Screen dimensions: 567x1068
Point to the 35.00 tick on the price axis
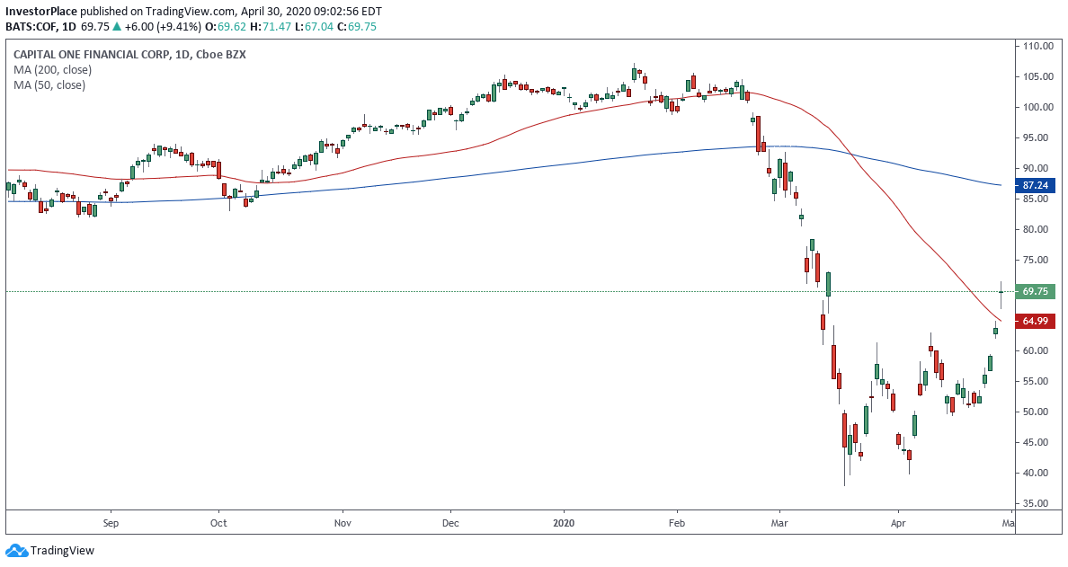point(1037,504)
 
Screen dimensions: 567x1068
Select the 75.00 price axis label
point(1037,260)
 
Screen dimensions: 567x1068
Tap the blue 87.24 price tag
point(1038,185)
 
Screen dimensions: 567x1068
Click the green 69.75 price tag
point(1038,291)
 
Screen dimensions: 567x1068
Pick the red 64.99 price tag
point(1038,321)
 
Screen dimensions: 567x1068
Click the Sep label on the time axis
point(111,521)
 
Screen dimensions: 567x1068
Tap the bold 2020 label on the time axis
point(564,521)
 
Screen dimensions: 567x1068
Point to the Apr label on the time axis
point(897,521)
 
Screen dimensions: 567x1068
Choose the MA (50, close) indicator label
point(49,85)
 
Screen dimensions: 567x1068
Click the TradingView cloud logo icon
point(16,550)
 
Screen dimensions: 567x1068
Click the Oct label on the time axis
point(218,521)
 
